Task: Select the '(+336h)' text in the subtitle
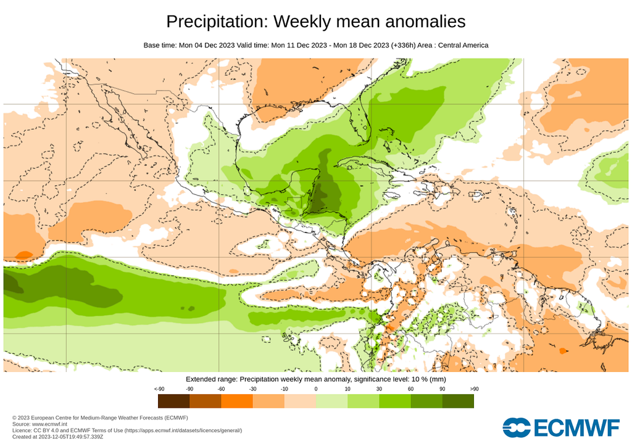pyautogui.click(x=405, y=46)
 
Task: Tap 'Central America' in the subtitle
pyautogui.click(x=463, y=46)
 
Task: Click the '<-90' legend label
pyautogui.click(x=159, y=389)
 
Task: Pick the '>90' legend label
pyautogui.click(x=473, y=389)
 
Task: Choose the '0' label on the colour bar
pyautogui.click(x=315, y=389)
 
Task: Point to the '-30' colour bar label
pyautogui.click(x=252, y=389)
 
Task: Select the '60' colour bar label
pyautogui.click(x=410, y=389)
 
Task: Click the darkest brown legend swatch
pyautogui.click(x=173, y=401)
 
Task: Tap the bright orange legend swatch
pyautogui.click(x=236, y=401)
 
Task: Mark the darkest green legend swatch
pyautogui.click(x=458, y=401)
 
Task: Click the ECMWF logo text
pyautogui.click(x=577, y=428)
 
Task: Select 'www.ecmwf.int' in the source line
pyautogui.click(x=51, y=424)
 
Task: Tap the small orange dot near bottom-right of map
pyautogui.click(x=562, y=351)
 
